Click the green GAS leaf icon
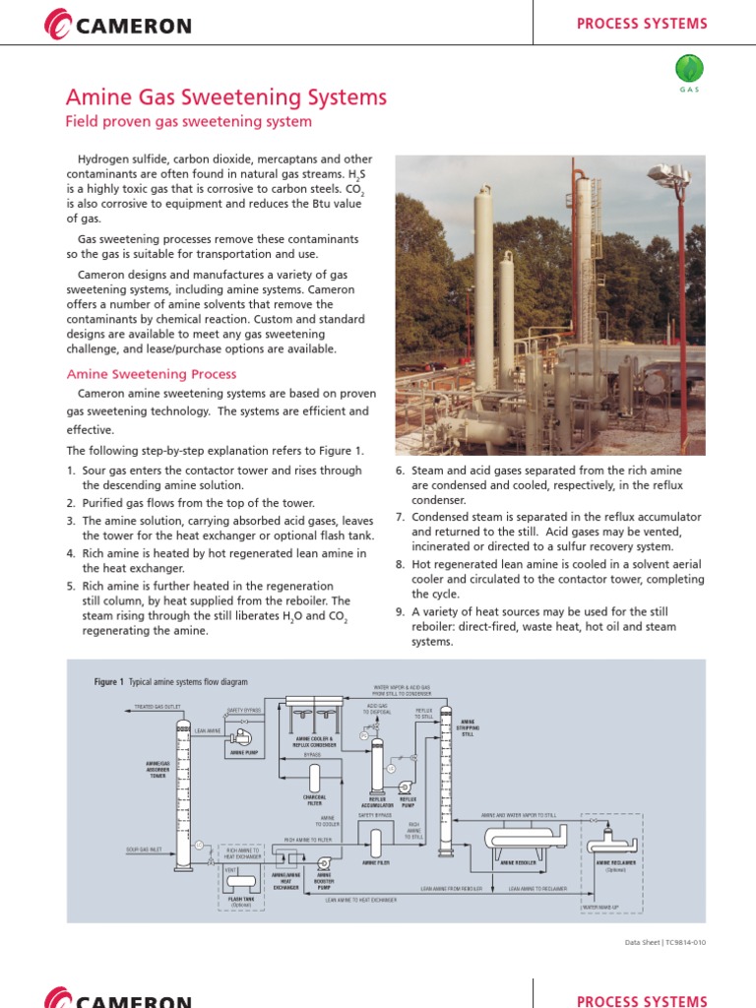(x=689, y=69)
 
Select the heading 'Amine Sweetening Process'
(x=151, y=374)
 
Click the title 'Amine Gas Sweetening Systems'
(x=225, y=96)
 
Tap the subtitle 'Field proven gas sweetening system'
(x=188, y=122)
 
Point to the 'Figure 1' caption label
(x=108, y=681)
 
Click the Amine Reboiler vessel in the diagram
(x=518, y=839)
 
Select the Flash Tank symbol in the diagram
(x=241, y=879)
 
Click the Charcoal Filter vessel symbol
(x=314, y=778)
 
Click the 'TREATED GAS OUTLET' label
(x=158, y=707)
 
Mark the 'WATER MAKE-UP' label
(x=602, y=906)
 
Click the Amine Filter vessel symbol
(x=376, y=842)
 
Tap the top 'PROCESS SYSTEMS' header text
(x=641, y=24)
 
